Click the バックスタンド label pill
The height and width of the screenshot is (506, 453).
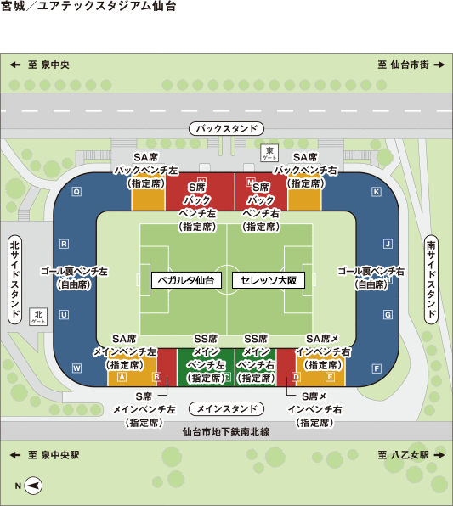point(226,128)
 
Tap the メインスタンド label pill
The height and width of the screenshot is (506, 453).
point(226,409)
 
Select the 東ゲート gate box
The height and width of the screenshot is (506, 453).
point(269,153)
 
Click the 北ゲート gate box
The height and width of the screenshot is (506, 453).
point(38,317)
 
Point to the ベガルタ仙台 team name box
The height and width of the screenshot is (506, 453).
point(186,280)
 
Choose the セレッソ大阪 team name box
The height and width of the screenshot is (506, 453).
point(269,280)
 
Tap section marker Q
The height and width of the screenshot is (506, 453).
point(76,192)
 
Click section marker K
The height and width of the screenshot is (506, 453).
point(377,192)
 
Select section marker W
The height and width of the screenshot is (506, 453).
point(76,368)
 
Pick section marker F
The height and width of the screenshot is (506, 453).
point(377,368)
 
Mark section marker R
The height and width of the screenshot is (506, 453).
point(65,244)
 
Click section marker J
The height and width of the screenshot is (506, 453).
point(388,244)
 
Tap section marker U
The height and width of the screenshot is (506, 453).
point(64,315)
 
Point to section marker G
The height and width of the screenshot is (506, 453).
point(388,315)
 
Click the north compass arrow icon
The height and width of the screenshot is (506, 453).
point(33,486)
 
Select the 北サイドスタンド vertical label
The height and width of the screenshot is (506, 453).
point(14,279)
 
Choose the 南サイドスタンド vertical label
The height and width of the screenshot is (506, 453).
point(431,279)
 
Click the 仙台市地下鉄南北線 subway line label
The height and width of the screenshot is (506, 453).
point(226,431)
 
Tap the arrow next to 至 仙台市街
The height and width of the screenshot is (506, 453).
point(439,65)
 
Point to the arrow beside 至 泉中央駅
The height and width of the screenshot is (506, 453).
point(15,455)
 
